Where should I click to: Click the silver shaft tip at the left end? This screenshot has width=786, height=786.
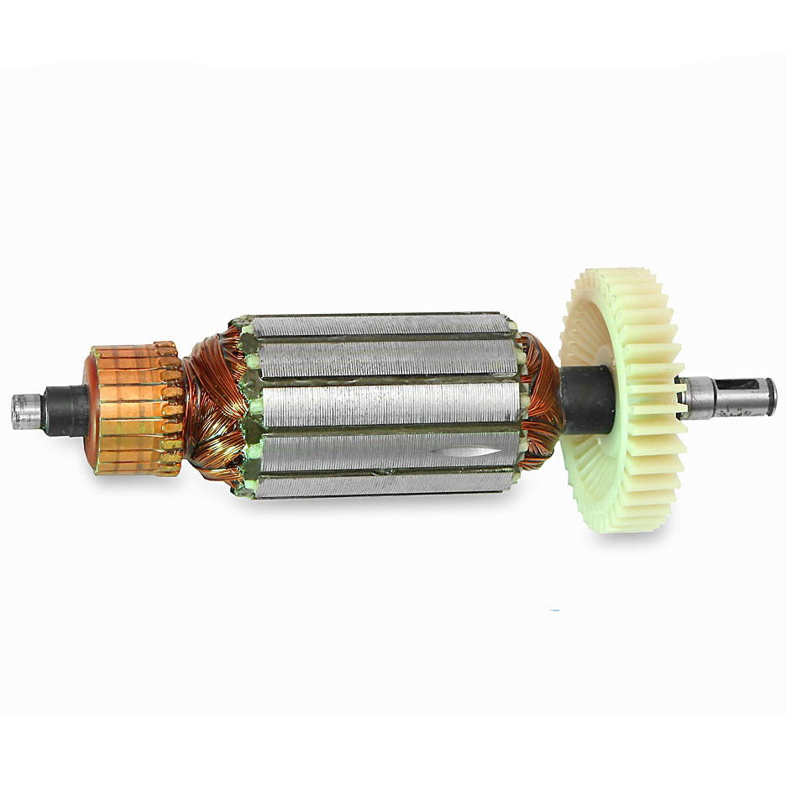point(25,411)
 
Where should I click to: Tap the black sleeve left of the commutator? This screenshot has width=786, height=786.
point(67,411)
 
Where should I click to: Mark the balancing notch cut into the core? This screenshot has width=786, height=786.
point(458,452)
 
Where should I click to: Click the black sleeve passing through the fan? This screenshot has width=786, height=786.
point(588,400)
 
